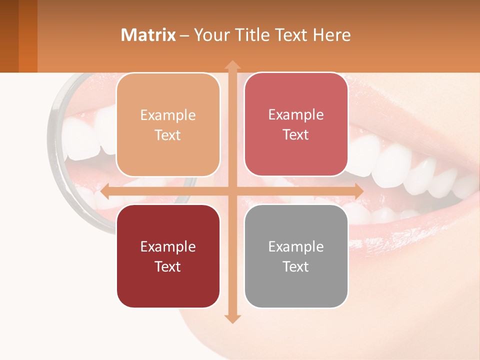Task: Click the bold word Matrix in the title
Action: [x=148, y=35]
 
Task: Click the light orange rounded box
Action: [x=168, y=125]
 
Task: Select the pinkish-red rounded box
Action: [x=296, y=124]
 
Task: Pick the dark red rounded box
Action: [x=168, y=256]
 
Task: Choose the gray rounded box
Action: [x=296, y=256]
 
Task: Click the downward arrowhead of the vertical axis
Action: [x=232, y=318]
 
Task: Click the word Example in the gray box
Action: [x=296, y=246]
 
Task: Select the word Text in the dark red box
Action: [x=168, y=266]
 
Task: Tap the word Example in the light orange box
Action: [x=168, y=115]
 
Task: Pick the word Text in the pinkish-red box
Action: [x=296, y=135]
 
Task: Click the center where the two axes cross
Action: [x=232, y=191]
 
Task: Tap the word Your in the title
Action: [x=211, y=35]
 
